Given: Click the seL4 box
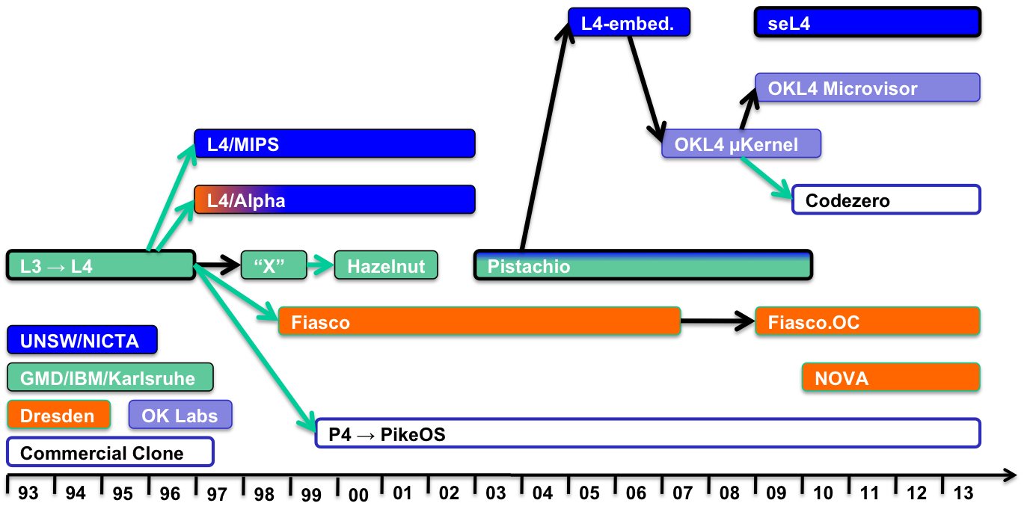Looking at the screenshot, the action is [867, 22].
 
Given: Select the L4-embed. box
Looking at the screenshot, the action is [629, 22].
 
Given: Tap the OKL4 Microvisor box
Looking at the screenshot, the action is [868, 87].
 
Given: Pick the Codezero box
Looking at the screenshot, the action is [886, 200].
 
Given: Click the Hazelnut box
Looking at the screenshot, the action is [386, 265].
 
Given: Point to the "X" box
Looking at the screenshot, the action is [274, 265].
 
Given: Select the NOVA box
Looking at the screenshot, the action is [891, 377].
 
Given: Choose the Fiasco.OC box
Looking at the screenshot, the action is [868, 321].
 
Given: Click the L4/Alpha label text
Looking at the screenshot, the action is [246, 201].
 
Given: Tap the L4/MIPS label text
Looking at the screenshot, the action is [243, 145].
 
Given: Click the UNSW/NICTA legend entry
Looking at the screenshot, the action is [82, 340].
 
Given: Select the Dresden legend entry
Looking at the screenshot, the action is [59, 415].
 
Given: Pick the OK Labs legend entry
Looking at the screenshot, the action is [180, 415].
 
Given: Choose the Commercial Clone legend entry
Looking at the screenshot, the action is [111, 452].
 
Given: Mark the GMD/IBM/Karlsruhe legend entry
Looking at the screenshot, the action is [110, 377].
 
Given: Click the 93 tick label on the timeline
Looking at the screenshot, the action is [28, 493].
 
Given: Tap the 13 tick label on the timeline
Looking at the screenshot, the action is [963, 493].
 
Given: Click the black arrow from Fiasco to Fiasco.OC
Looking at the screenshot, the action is [718, 321].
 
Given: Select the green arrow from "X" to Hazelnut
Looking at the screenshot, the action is [320, 265].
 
